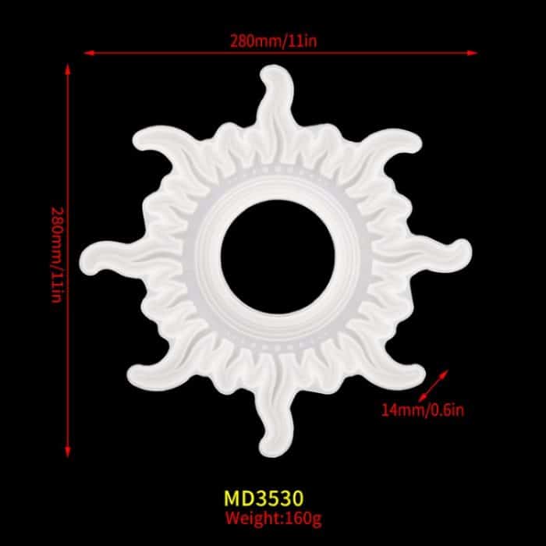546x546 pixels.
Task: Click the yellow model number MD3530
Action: point(264,498)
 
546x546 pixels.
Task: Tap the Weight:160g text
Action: point(273,519)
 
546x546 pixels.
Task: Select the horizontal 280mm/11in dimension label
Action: point(273,41)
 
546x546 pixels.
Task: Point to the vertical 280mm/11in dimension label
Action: point(56,255)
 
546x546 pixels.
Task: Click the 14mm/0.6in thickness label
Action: point(423,410)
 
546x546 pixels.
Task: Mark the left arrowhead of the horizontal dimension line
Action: point(89,53)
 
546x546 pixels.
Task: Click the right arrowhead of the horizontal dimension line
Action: point(472,53)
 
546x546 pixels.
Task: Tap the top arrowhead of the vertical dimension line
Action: point(68,69)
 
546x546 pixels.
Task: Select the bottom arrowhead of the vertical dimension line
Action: point(68,452)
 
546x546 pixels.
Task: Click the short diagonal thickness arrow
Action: point(433,386)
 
